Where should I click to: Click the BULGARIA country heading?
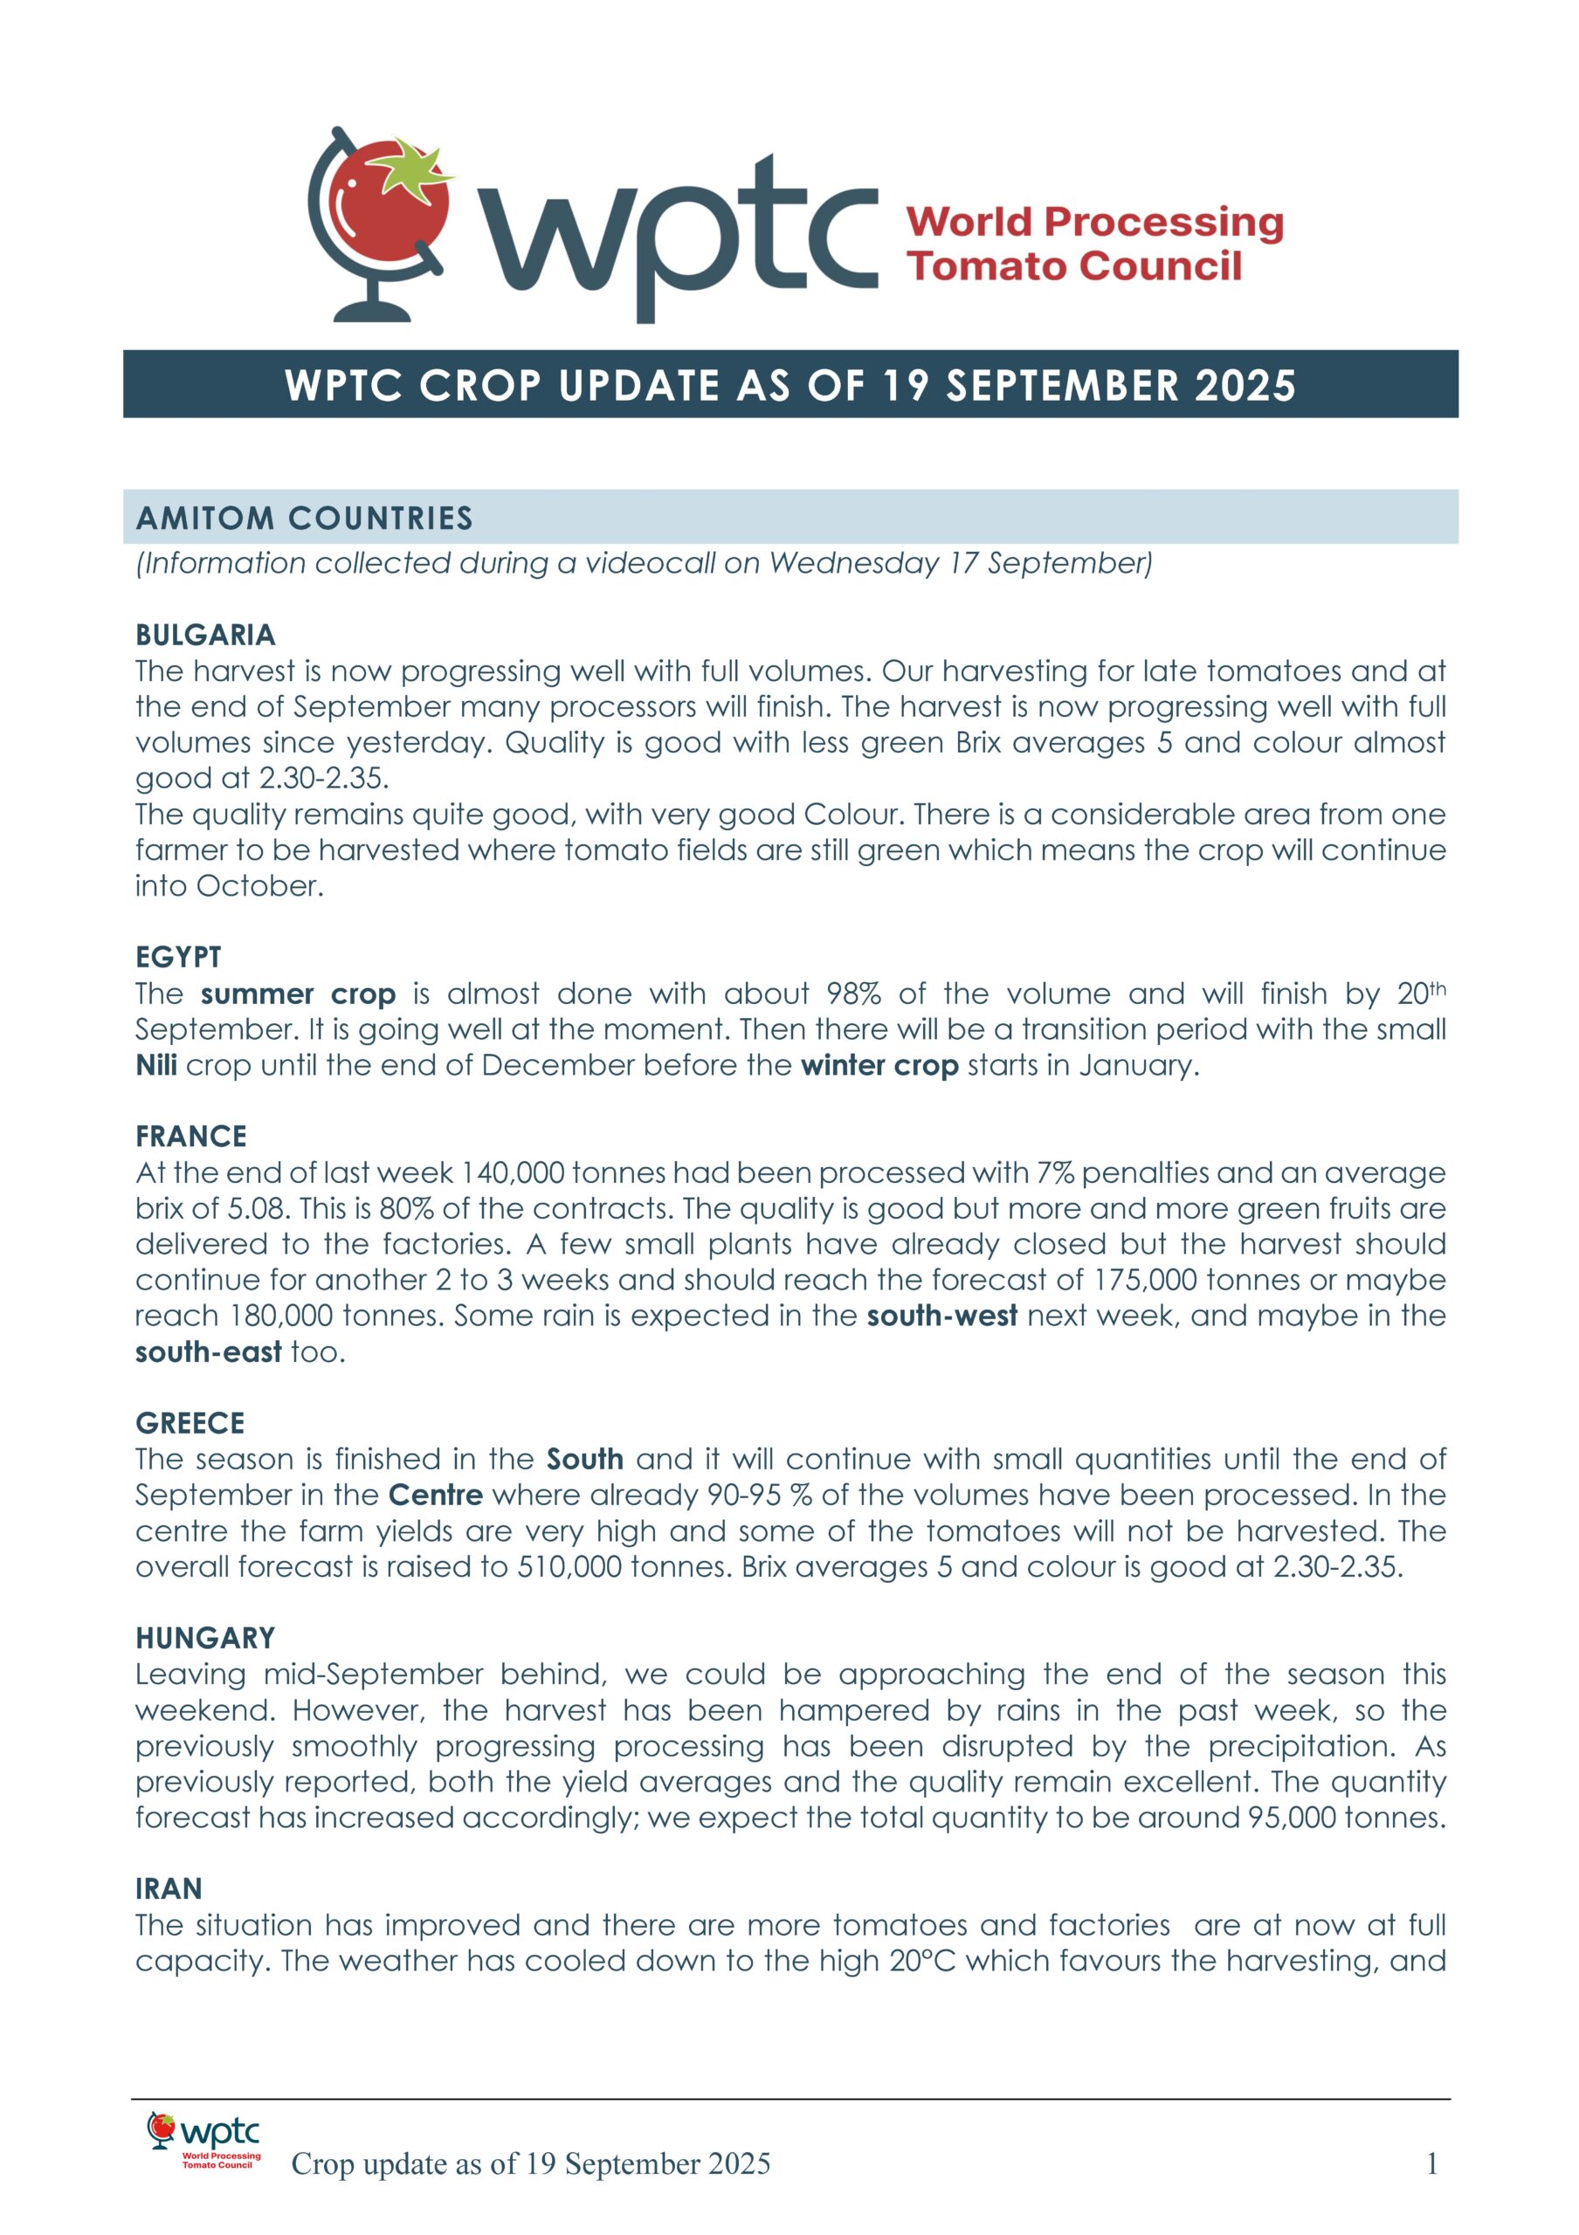click(x=205, y=636)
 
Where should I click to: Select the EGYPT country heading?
click(x=178, y=957)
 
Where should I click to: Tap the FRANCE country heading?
click(x=190, y=1136)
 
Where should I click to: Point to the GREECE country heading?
click(x=190, y=1423)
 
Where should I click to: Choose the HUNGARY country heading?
click(x=205, y=1639)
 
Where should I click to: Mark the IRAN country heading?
click(x=169, y=1888)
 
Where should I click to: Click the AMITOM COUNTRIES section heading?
click(x=304, y=518)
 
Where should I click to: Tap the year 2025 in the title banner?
click(x=1245, y=386)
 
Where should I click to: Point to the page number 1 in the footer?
click(x=1432, y=2164)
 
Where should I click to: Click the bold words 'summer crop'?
click(x=298, y=994)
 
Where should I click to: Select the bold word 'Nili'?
click(x=155, y=1065)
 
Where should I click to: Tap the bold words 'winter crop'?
click(x=879, y=1065)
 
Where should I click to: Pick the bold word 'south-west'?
click(x=941, y=1315)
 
